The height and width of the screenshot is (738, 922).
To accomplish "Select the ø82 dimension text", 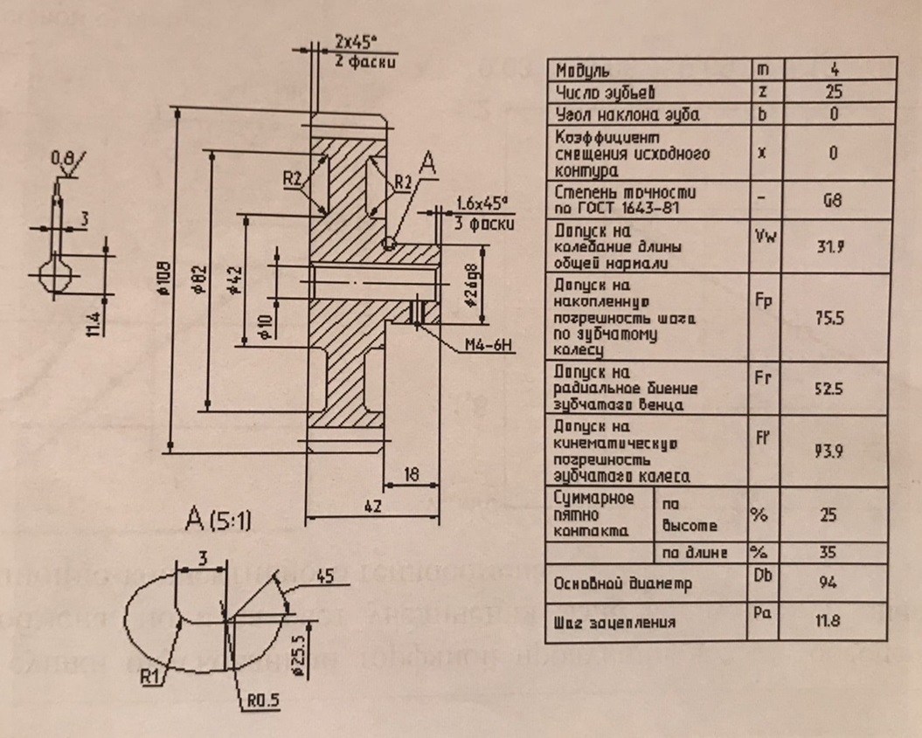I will click(201, 279).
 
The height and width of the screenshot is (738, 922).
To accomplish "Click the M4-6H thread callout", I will click(490, 346).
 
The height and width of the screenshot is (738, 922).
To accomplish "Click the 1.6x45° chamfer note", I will click(482, 203).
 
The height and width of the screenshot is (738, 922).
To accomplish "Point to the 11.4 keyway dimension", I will click(94, 321).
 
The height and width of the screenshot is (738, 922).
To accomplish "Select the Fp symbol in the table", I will click(763, 298).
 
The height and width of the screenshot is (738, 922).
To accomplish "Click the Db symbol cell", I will click(762, 575).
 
